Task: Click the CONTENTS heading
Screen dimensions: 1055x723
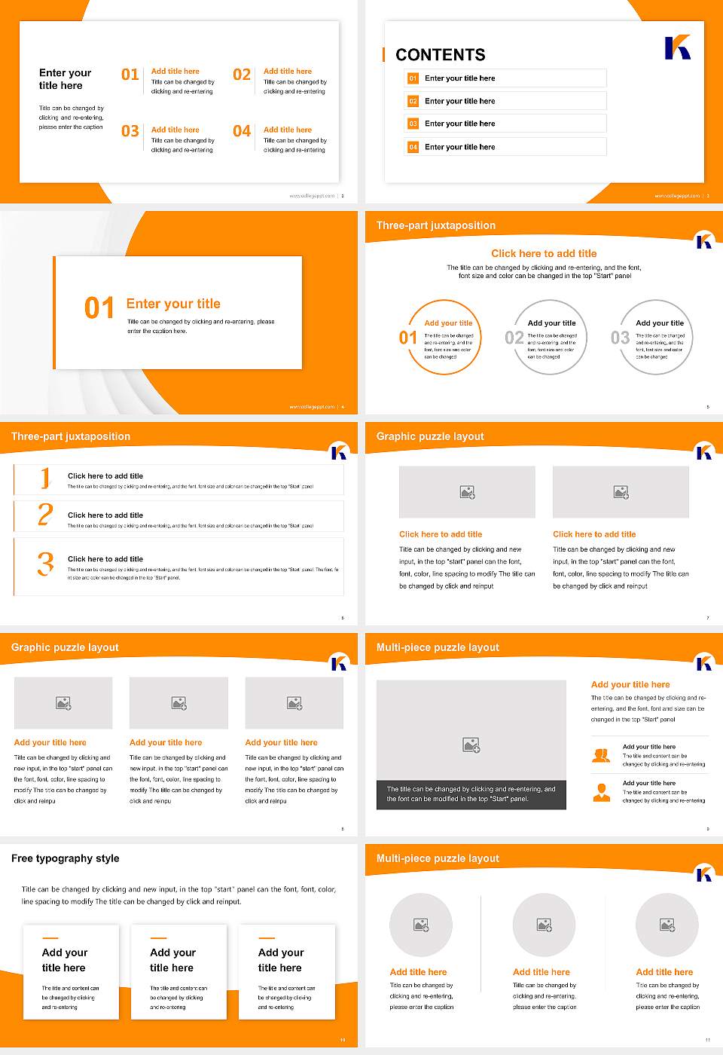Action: [441, 55]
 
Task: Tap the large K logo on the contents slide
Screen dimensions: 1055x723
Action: [677, 47]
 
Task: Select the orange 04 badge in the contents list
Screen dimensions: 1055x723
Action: [413, 147]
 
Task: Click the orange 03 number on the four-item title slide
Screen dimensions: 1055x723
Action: [130, 131]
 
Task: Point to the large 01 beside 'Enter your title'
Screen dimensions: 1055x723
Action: [99, 307]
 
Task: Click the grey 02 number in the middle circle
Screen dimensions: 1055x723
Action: [514, 338]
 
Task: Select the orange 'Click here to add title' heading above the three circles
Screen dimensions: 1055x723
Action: [544, 254]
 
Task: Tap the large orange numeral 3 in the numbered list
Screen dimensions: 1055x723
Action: [45, 564]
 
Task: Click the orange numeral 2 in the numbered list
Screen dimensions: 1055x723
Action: [45, 515]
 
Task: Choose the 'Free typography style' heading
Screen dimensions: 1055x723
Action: [66, 858]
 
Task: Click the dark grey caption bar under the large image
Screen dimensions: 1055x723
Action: [471, 794]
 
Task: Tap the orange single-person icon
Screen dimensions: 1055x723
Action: [602, 792]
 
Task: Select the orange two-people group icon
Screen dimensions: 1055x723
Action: [602, 755]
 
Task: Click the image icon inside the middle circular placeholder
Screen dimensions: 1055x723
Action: [544, 925]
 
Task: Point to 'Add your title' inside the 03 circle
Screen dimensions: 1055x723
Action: [660, 323]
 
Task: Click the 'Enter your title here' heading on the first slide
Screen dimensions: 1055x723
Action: [65, 79]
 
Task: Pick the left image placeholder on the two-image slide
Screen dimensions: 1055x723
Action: [467, 492]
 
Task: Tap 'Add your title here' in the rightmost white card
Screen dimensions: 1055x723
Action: [280, 960]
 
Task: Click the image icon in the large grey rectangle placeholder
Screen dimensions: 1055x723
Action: [471, 745]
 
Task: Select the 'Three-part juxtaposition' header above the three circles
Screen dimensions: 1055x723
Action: [436, 225]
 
